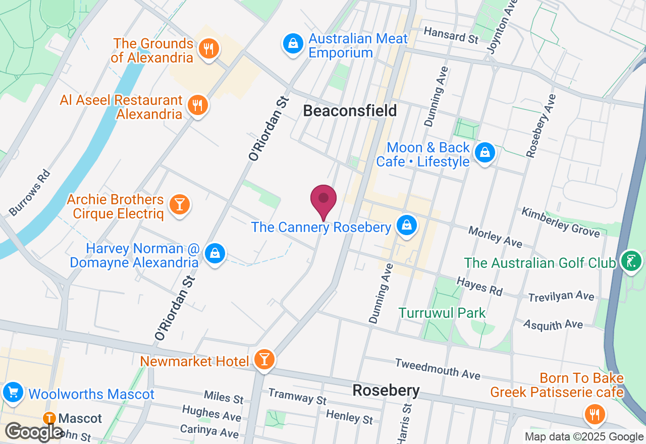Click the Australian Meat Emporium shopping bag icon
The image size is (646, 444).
[x=293, y=44]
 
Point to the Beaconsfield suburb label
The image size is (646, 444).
[x=350, y=110]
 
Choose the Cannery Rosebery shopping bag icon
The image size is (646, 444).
[x=406, y=226]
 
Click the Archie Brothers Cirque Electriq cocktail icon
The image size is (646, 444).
[x=179, y=205]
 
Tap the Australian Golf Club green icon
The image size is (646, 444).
[x=631, y=261]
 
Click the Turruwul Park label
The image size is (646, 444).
[x=442, y=313]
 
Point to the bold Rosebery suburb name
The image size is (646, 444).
[x=386, y=391]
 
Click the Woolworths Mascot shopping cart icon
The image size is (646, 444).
[x=13, y=393]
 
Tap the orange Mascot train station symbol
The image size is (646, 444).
[x=49, y=418]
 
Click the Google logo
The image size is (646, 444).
[x=34, y=432]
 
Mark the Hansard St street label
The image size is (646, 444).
[x=451, y=36]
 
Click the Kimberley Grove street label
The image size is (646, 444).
[x=561, y=222]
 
